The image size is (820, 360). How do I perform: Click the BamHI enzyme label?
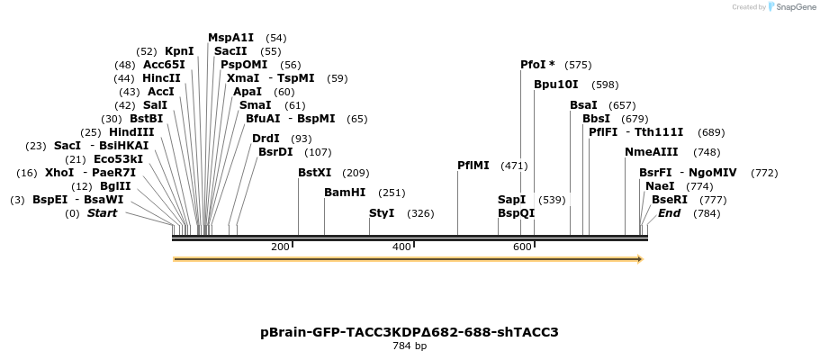point(345,193)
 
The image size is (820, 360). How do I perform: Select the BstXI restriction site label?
point(315,173)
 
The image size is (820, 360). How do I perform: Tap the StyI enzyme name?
point(382,213)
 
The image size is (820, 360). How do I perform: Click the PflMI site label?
point(473,166)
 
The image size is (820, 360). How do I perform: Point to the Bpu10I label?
point(556,85)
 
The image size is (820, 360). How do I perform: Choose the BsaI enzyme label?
point(583,105)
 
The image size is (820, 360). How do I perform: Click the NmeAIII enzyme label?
point(652,152)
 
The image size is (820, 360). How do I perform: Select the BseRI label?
point(670,200)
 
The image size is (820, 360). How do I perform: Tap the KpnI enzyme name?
point(179,51)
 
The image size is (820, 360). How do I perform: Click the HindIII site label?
point(131,132)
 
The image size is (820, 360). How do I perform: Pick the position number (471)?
point(514,166)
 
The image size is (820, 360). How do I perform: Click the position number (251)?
point(392,193)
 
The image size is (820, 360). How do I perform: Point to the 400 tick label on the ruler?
point(401,247)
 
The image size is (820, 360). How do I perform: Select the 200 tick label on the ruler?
point(280,247)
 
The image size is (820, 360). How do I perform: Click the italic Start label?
point(102,213)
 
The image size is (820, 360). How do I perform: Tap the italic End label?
point(669,213)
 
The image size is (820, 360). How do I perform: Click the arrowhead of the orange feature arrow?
point(639,259)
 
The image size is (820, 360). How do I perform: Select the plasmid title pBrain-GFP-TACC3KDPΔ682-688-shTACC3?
point(410,332)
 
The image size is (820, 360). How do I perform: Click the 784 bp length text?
point(410,346)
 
